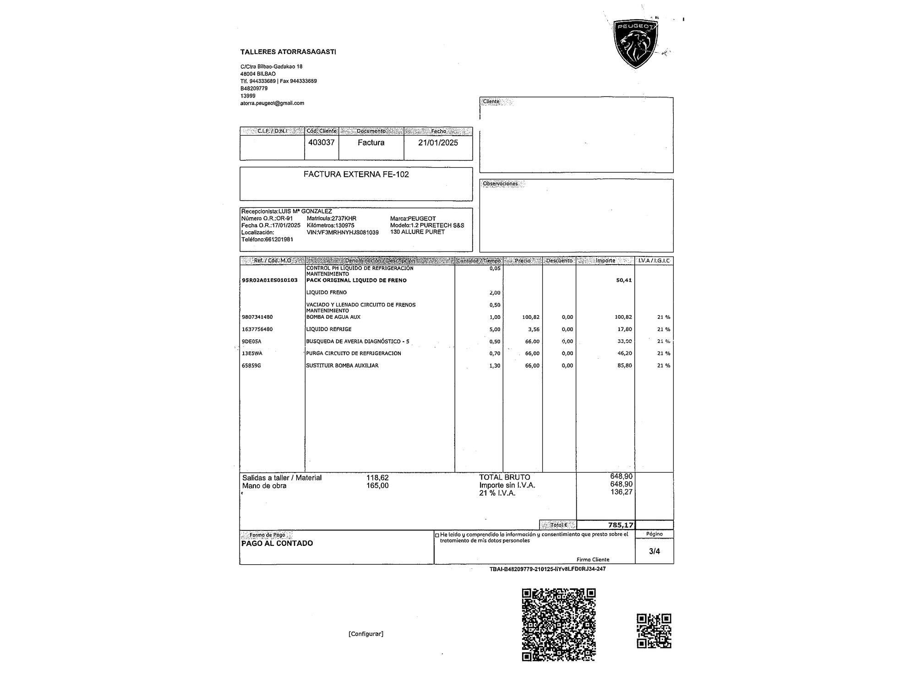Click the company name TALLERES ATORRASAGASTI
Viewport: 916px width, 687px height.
coord(288,52)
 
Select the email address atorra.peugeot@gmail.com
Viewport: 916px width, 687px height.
coord(272,103)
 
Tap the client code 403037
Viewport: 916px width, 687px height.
coord(322,142)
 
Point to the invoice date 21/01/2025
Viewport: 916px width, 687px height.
coord(438,142)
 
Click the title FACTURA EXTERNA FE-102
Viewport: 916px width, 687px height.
coord(356,174)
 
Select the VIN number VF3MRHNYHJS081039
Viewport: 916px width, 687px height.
coord(343,233)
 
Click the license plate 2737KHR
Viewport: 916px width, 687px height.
coord(344,218)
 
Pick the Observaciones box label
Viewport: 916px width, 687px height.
coord(500,184)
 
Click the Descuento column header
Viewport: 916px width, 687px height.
coord(559,261)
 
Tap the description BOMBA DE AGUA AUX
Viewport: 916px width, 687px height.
coord(333,317)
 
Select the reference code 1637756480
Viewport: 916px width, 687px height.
coord(257,329)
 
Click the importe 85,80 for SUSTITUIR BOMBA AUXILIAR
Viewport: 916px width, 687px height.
coord(625,365)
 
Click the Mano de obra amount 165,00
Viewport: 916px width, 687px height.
coord(377,485)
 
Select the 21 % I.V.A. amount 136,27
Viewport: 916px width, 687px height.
coord(622,492)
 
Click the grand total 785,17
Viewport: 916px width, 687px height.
coord(621,525)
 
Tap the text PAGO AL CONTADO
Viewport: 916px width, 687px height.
coord(277,543)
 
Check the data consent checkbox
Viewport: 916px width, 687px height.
coord(437,534)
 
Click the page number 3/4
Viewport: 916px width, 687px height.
coord(654,551)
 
